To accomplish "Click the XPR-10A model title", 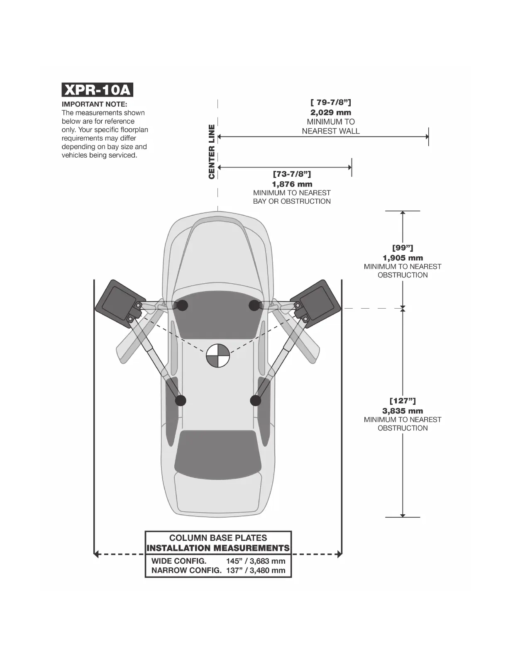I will click(97, 90).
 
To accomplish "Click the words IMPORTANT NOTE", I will click(94, 104).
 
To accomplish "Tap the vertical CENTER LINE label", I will click(212, 152).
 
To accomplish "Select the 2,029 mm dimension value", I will click(330, 112).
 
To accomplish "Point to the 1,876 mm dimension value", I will click(292, 184).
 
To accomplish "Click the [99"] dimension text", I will click(402, 248).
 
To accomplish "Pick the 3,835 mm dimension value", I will click(402, 411).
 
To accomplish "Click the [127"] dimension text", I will click(402, 401).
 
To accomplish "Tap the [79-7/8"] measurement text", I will click(330, 102).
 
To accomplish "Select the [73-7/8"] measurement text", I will click(292, 174).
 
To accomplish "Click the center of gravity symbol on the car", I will click(217, 356).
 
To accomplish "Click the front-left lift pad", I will click(181, 306).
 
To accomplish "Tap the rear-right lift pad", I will click(255, 400).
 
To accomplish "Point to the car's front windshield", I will click(218, 319).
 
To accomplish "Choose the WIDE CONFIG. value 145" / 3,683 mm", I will click(256, 561).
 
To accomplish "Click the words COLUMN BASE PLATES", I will click(218, 538).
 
